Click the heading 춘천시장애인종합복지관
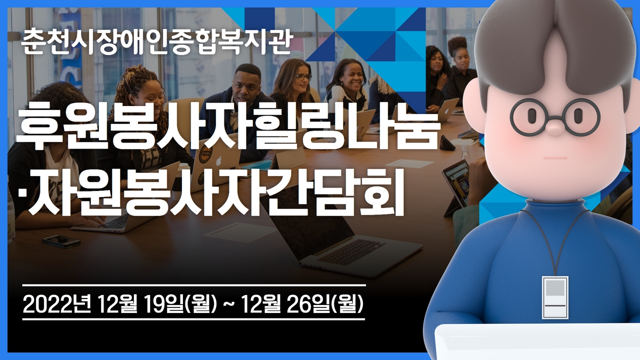coord(156,43)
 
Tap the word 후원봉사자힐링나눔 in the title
coord(226,130)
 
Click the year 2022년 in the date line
coord(56,305)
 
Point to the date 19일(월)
coord(179,305)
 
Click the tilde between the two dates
coord(228,305)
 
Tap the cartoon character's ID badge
coord(555,297)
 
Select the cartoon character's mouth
coord(555,157)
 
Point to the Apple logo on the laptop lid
coord(218,161)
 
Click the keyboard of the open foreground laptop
coord(352,251)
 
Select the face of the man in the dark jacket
coord(244,85)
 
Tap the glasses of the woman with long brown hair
coord(303,77)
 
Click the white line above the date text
coord(194,285)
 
